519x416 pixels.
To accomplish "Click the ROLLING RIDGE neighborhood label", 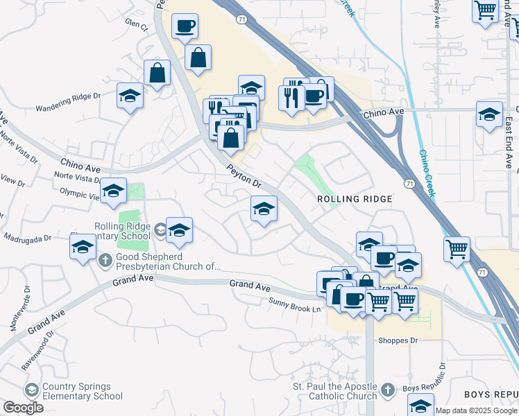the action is click(355, 199).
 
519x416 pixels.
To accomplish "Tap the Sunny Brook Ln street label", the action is click(296, 304).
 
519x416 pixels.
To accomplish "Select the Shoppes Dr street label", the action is click(398, 340).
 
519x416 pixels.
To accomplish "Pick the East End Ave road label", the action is click(509, 143).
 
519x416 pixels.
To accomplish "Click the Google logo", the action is click(23, 408).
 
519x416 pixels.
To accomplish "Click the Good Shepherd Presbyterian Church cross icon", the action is click(105, 261).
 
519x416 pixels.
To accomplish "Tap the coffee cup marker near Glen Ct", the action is click(185, 28).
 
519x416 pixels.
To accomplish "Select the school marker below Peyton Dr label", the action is click(264, 209).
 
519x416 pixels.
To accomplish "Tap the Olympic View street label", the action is click(80, 193).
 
